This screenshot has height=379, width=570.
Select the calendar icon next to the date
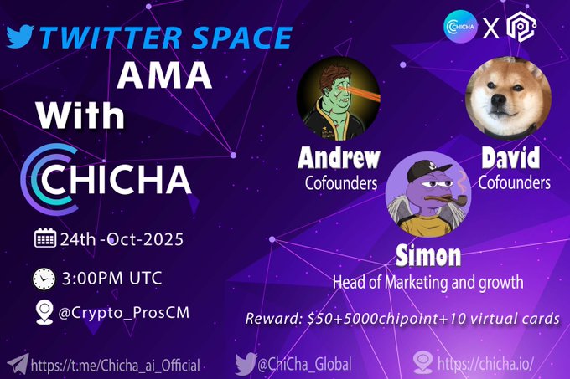click(x=44, y=238)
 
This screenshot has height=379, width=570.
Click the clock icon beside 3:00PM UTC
click(x=44, y=279)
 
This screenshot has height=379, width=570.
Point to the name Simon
click(x=429, y=254)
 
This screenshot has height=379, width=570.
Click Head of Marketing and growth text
click(x=429, y=282)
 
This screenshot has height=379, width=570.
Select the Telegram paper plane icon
click(x=16, y=364)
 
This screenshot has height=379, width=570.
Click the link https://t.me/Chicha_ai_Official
click(x=116, y=365)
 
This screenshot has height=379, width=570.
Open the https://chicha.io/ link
click(x=486, y=365)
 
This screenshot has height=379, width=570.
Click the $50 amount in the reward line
click(x=319, y=319)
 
